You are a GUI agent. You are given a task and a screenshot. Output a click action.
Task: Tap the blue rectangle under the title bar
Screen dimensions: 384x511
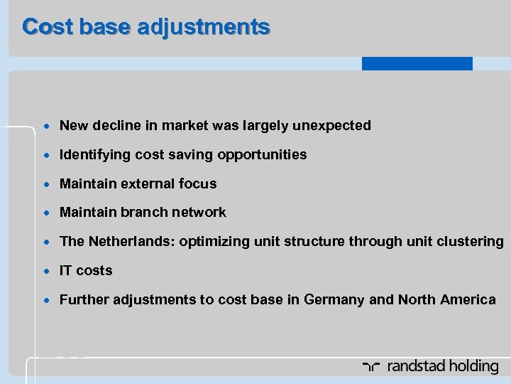click(417, 63)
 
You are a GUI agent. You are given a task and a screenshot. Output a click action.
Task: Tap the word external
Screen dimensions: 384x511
click(145, 183)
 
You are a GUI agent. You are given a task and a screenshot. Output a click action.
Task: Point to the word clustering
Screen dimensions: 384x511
click(468, 241)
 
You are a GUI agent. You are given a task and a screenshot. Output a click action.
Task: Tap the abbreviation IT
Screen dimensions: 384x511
click(66, 270)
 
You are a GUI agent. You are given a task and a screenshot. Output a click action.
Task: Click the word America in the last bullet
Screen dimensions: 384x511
click(468, 299)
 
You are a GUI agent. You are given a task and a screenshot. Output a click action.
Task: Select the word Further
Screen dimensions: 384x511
click(82, 299)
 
